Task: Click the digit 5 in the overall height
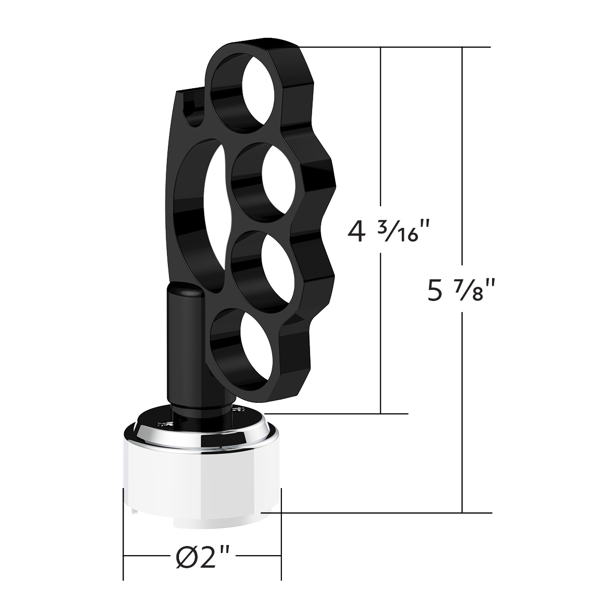(434, 290)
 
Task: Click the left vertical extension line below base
(124, 534)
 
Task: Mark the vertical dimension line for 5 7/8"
(462, 151)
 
